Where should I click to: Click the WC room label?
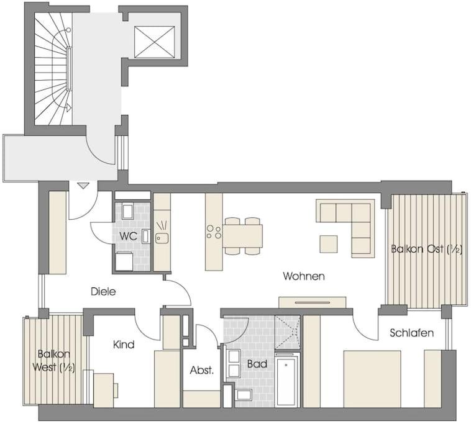click(128, 236)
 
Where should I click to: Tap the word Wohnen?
click(304, 276)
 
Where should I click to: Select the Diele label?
click(103, 291)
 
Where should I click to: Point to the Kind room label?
click(124, 345)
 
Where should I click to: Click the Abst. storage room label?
click(201, 370)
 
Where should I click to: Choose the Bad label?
click(257, 364)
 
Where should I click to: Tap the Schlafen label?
click(411, 333)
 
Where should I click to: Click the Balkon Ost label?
click(426, 249)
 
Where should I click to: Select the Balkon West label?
click(54, 361)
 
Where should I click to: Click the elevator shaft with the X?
click(154, 42)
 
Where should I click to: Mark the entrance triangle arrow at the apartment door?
click(83, 186)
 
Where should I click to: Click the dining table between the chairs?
click(242, 236)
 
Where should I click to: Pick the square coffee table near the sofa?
click(328, 244)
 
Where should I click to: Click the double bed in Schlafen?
click(372, 379)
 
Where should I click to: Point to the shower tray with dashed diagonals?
click(287, 332)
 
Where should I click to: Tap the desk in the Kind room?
click(104, 390)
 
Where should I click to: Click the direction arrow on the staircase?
click(69, 107)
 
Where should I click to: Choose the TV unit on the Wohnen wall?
click(313, 302)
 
